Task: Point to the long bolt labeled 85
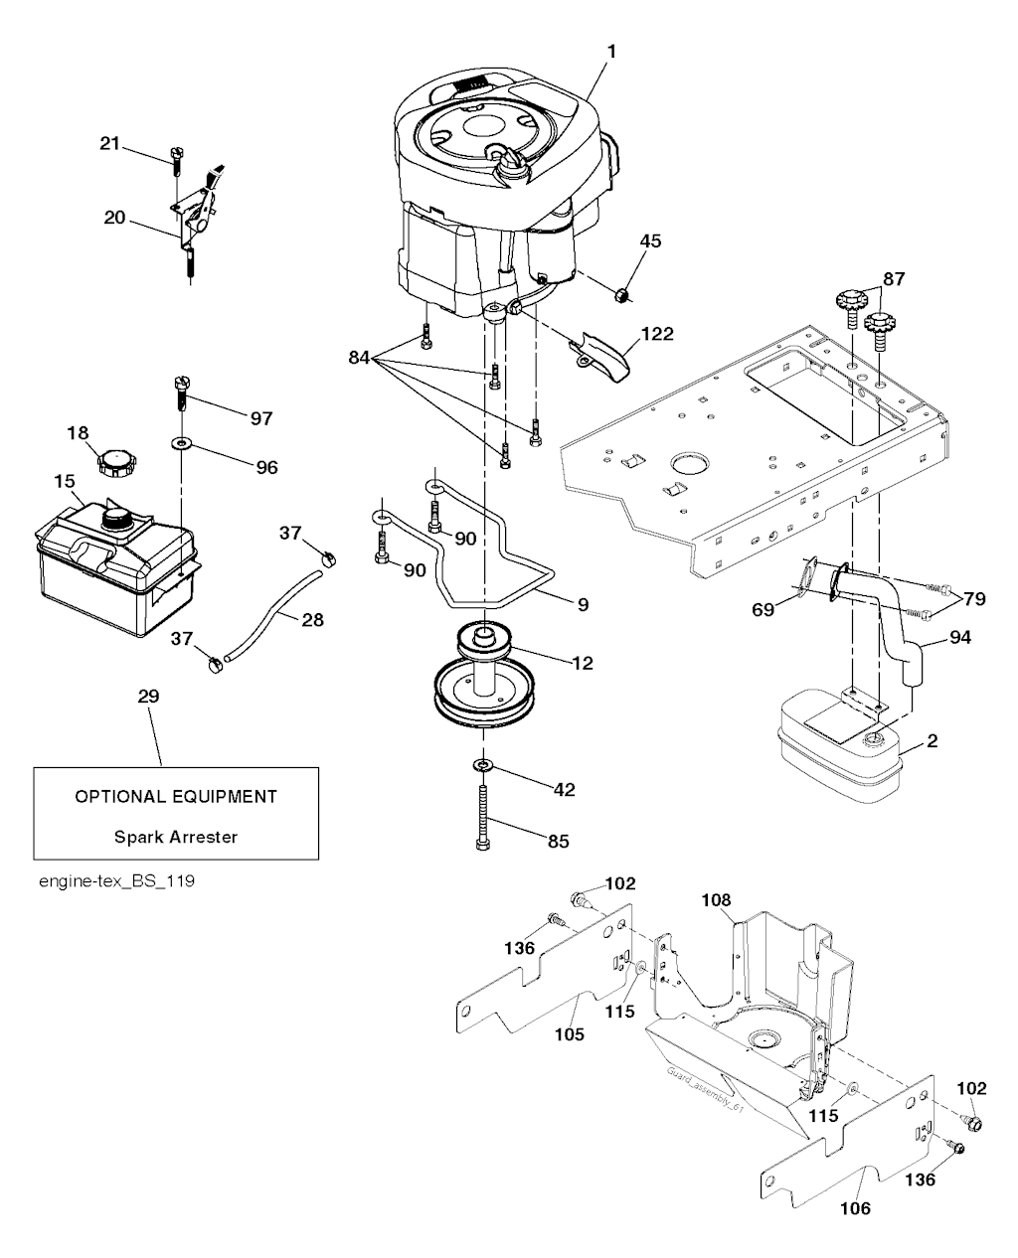tap(482, 816)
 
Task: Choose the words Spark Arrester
tap(176, 837)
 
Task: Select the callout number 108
tap(716, 900)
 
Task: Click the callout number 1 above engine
tap(612, 49)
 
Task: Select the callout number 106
tap(854, 1208)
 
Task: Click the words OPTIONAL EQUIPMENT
tap(176, 796)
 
